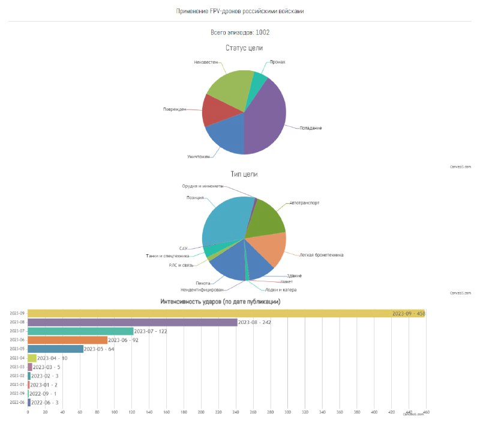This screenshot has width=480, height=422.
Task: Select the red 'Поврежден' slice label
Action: [x=175, y=109]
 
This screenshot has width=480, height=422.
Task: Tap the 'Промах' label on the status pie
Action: [x=277, y=62]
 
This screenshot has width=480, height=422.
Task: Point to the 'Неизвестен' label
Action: [x=206, y=62]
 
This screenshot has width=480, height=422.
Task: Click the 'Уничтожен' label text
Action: [x=198, y=156]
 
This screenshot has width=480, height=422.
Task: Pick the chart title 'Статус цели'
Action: [x=244, y=48]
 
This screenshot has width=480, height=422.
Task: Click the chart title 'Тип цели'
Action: [x=244, y=174]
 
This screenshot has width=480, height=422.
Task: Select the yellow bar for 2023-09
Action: [x=210, y=313]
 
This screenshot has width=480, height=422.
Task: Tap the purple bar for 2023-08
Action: [x=132, y=322]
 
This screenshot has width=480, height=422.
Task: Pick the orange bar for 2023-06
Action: [x=67, y=340]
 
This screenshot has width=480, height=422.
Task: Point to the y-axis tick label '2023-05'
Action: [x=18, y=349]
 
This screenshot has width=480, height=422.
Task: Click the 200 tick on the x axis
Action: [x=201, y=412]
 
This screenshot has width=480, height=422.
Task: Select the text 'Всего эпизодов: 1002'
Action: [x=244, y=32]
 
